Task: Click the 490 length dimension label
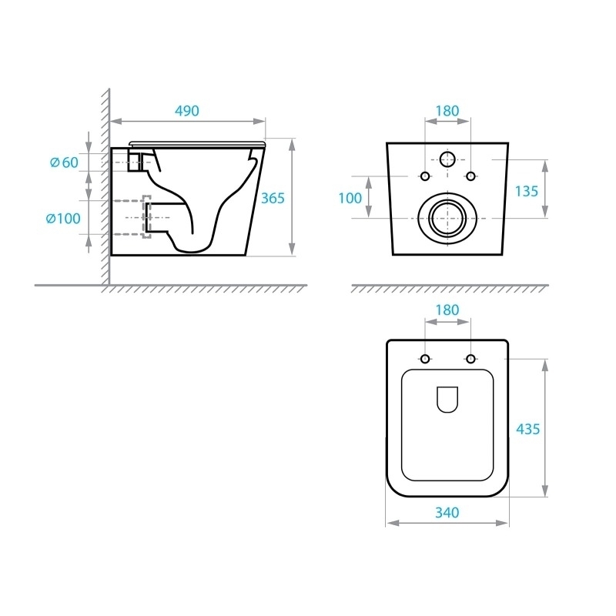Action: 187,111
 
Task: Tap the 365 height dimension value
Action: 273,198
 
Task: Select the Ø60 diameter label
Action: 64,162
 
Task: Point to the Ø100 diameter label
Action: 63,219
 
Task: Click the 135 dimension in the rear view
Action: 527,191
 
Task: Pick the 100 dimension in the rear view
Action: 350,198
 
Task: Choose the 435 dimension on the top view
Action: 528,429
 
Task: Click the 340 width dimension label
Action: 447,512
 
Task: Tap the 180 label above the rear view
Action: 447,111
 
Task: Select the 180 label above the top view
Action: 447,310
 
